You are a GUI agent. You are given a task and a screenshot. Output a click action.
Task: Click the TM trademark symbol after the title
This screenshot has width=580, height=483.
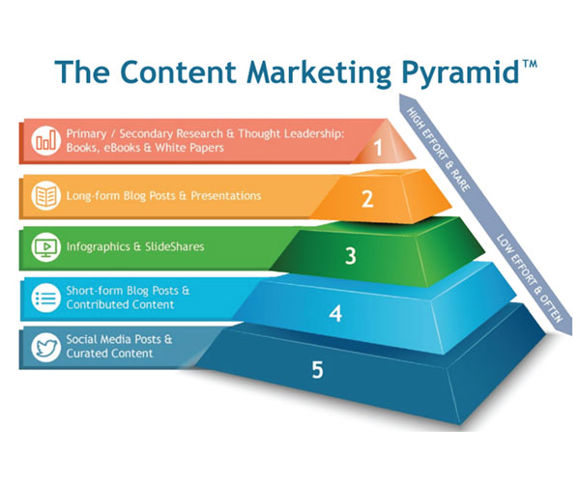[x=529, y=65]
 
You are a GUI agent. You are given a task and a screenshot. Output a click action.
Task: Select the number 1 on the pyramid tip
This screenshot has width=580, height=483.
[x=378, y=148]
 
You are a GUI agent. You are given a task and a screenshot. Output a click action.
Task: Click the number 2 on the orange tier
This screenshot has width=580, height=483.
[x=367, y=199]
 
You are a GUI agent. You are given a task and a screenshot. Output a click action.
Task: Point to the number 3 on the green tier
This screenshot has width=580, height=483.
[x=351, y=255]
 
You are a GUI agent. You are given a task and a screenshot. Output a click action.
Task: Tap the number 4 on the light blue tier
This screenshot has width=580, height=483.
[x=335, y=313]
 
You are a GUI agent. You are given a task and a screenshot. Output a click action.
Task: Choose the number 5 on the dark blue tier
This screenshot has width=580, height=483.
[x=318, y=370]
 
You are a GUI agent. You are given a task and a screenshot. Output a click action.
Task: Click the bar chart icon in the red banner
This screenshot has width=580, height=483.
[x=45, y=140]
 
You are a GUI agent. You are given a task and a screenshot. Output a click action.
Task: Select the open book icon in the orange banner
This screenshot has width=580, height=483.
[x=45, y=195]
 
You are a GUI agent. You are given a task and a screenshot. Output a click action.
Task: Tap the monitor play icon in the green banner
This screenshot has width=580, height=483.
[x=45, y=247]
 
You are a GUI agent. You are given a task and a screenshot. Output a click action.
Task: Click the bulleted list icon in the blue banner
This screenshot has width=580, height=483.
[x=45, y=298]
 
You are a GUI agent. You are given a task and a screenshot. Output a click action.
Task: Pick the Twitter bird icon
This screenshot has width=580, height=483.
[x=45, y=348]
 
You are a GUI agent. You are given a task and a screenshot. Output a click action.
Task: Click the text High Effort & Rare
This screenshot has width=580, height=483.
[x=439, y=150]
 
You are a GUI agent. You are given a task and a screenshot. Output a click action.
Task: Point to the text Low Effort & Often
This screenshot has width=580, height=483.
[x=530, y=278]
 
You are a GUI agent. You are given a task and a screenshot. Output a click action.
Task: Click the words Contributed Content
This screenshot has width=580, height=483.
[x=120, y=304]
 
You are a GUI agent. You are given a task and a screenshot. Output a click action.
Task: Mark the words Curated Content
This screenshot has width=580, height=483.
[x=109, y=354]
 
